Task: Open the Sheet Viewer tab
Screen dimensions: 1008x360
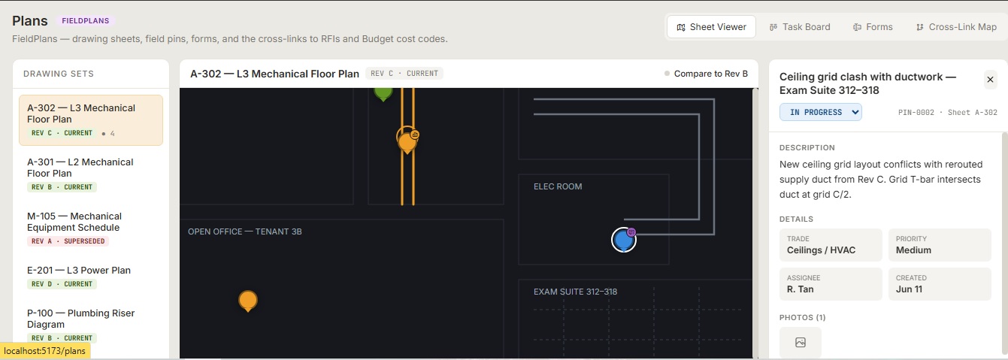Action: pos(711,27)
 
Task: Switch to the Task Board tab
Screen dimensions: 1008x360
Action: pos(800,27)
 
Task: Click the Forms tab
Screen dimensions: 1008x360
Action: pos(873,27)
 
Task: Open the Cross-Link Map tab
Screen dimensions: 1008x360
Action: pos(956,27)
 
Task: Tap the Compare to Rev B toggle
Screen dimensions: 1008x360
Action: pos(706,74)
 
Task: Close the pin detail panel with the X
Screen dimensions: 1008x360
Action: pos(990,80)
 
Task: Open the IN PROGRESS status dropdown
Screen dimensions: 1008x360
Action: pos(820,112)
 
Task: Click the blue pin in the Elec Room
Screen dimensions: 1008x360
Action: pos(623,240)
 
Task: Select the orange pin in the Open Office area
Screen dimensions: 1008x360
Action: pos(248,301)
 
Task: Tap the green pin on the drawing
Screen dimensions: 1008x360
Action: pos(383,93)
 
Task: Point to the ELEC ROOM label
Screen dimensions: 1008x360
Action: pos(558,186)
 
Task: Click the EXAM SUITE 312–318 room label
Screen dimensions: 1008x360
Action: pos(575,292)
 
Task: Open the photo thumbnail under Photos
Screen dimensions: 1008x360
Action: pos(800,343)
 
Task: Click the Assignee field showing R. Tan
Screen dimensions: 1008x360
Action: pos(831,284)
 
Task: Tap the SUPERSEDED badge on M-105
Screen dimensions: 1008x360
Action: pos(68,241)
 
